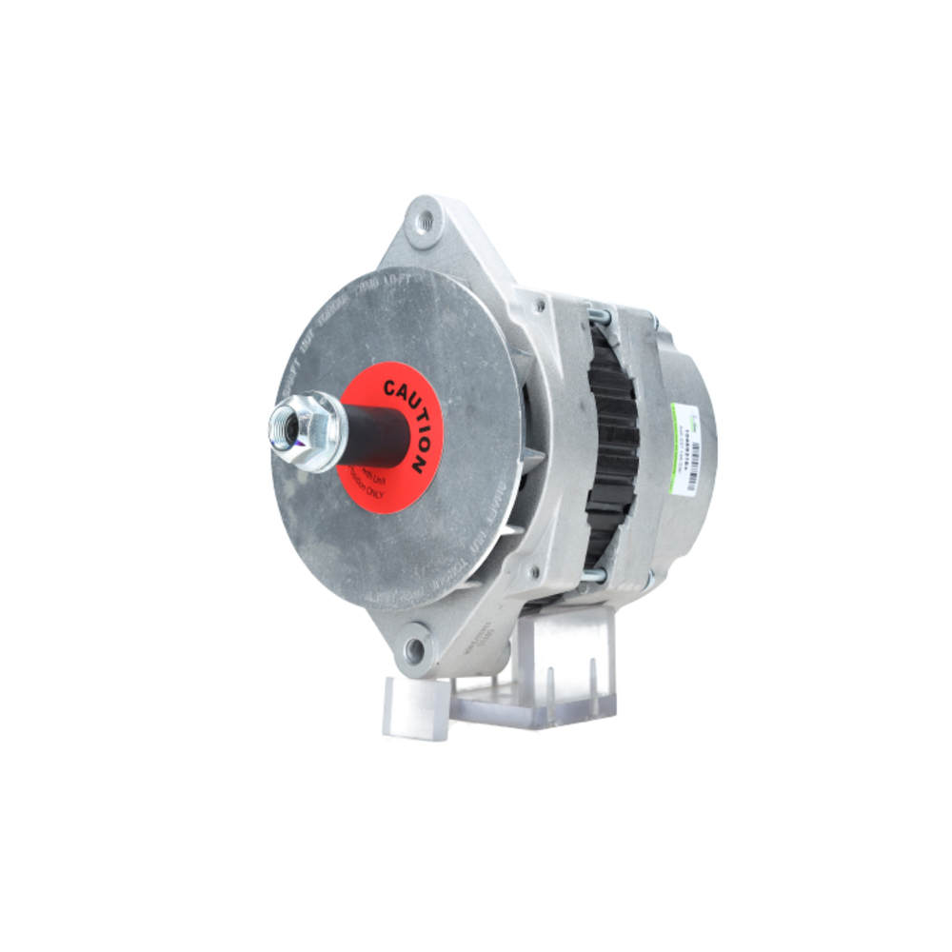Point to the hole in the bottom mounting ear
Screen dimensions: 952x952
tap(414, 650)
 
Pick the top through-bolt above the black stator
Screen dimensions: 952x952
tap(600, 311)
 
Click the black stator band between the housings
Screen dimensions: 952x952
tap(610, 447)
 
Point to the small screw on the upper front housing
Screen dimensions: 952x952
tap(540, 307)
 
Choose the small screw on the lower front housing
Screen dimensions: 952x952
tap(533, 571)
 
